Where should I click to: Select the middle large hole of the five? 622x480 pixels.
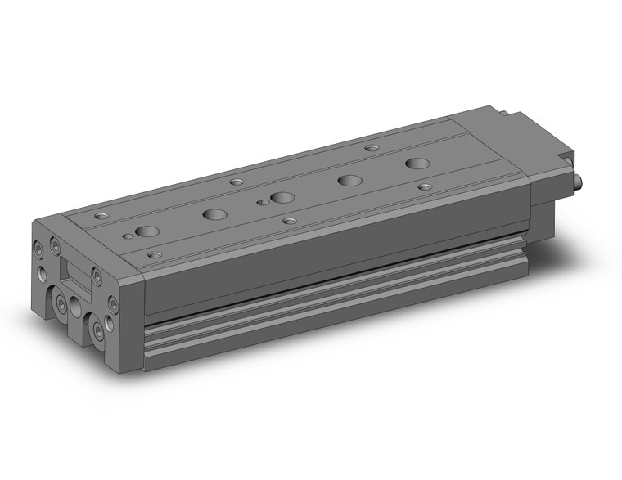coord(282,198)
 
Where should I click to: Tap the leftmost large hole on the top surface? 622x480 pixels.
coord(147,231)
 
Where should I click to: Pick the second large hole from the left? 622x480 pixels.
coord(215,214)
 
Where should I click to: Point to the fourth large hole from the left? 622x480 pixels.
coord(350,181)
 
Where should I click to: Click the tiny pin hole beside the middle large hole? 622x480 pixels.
coord(262,201)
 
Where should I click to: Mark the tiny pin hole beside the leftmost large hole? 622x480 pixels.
coord(128,236)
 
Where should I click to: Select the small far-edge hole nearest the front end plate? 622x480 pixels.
coord(101,216)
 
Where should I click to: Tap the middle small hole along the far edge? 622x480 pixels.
coord(237,182)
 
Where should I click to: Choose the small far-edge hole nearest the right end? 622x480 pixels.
coord(372,148)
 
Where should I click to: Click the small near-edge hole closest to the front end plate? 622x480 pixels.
coord(153,255)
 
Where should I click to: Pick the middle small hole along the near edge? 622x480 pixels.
coord(288,220)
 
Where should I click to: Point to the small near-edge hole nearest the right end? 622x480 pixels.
coord(424,186)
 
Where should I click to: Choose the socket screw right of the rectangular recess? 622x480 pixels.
coord(97,276)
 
